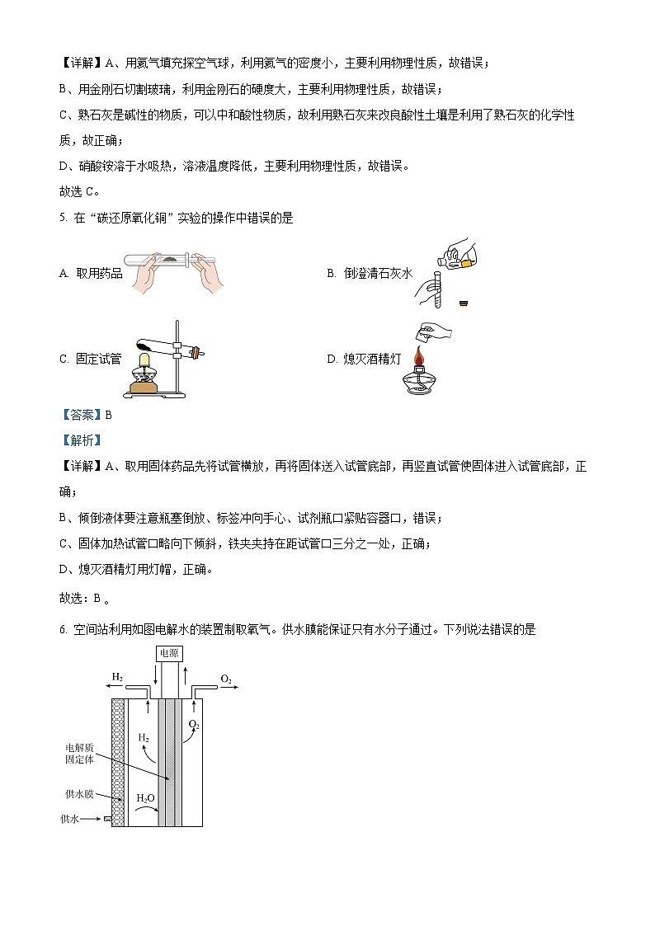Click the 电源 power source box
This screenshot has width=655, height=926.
point(169,653)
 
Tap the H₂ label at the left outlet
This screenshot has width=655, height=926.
point(118,677)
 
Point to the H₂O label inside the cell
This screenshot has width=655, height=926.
point(145,798)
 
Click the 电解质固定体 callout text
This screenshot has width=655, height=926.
point(80,753)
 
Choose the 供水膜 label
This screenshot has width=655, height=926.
point(79,794)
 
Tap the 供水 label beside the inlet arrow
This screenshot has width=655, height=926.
point(69,819)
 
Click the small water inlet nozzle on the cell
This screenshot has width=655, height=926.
point(107,819)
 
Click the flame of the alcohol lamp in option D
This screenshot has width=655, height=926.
point(421,359)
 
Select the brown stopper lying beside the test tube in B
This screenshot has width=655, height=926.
point(465,303)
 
